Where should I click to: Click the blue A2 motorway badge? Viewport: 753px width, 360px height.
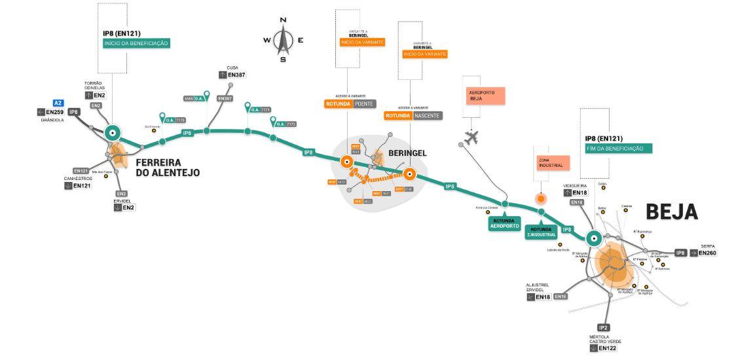[x=58, y=103]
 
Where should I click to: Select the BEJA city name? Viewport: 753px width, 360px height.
[x=672, y=211]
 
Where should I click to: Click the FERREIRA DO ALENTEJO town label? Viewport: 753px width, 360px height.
[x=168, y=168]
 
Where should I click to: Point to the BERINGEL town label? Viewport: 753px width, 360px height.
[x=407, y=153]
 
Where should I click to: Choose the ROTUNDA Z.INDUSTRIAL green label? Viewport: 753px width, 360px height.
[x=542, y=232]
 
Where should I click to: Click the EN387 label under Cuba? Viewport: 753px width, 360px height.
[x=236, y=75]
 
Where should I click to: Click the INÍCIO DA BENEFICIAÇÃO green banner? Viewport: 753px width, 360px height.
[x=136, y=43]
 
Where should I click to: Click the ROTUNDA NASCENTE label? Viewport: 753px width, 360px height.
[x=413, y=116]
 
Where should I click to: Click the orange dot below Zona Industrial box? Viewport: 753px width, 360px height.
[x=541, y=198]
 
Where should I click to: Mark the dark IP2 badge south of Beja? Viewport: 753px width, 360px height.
[x=604, y=327]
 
